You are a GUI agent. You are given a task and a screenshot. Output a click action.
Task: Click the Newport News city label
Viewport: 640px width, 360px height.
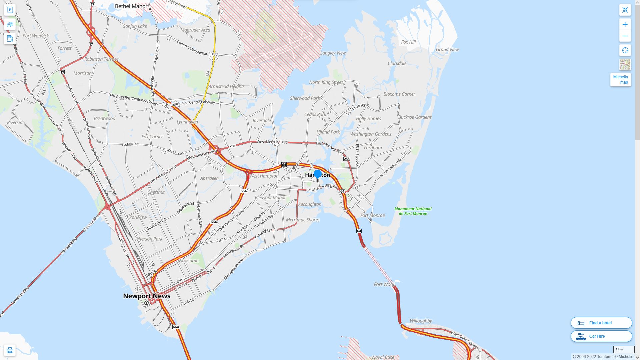tap(147, 296)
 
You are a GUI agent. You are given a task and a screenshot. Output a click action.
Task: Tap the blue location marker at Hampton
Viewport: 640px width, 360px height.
tap(318, 174)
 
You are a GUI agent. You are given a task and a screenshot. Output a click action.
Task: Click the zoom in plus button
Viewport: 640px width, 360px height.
tap(625, 24)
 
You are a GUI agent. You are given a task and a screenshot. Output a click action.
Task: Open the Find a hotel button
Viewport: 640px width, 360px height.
tap(601, 323)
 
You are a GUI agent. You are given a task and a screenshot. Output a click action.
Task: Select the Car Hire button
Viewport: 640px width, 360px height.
tap(601, 336)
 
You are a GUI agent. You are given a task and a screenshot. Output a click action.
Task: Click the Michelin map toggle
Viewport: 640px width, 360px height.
tap(620, 80)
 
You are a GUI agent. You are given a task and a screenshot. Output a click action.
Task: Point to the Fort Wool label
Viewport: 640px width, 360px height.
tap(384, 284)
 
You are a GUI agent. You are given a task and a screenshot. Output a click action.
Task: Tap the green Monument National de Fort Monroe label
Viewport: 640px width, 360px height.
tap(413, 211)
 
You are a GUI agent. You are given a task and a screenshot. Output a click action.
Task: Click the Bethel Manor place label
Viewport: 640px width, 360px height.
tap(131, 6)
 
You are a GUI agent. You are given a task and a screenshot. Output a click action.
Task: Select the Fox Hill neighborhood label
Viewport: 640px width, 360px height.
tap(408, 42)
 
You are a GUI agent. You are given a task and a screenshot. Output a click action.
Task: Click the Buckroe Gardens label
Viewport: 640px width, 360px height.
tap(415, 117)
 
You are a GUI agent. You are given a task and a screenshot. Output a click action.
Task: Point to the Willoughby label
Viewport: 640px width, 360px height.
tap(421, 321)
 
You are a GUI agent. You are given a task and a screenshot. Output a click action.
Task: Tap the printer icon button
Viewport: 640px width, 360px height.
tap(10, 350)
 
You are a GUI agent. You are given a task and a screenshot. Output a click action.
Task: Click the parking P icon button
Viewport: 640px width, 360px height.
tap(10, 10)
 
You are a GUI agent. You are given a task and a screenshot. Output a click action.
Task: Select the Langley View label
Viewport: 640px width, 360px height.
tap(333, 53)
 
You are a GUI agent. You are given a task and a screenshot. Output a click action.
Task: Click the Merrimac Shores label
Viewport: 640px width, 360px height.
tap(303, 220)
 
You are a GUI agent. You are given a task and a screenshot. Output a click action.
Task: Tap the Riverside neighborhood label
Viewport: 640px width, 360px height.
tap(16, 122)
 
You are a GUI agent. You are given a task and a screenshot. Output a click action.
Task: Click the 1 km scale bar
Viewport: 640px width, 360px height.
tap(623, 349)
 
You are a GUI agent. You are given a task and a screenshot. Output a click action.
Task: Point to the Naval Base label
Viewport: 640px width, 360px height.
tap(383, 357)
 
